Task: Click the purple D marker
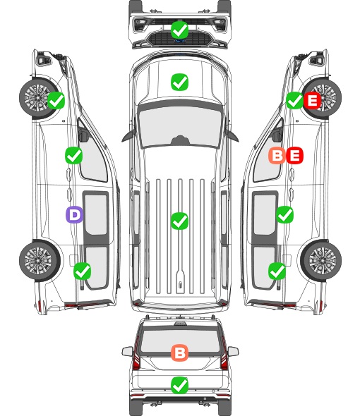click(x=74, y=214)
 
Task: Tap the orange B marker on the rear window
click(x=179, y=353)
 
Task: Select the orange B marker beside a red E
click(x=277, y=155)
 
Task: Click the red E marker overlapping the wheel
click(x=313, y=100)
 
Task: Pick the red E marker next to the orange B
click(x=294, y=155)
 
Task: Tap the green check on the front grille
click(x=180, y=30)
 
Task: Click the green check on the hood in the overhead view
click(x=179, y=82)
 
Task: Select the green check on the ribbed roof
click(x=179, y=221)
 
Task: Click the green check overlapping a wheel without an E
click(x=56, y=100)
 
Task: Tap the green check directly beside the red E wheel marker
click(x=294, y=100)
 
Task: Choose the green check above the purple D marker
click(x=74, y=155)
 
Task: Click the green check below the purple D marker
click(x=83, y=271)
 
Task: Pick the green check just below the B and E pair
click(x=284, y=214)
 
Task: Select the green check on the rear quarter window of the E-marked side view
click(x=277, y=271)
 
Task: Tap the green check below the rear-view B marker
click(x=179, y=385)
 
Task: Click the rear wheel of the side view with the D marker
click(x=40, y=261)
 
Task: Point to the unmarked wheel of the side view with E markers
click(x=321, y=261)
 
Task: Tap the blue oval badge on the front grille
click(x=180, y=41)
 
